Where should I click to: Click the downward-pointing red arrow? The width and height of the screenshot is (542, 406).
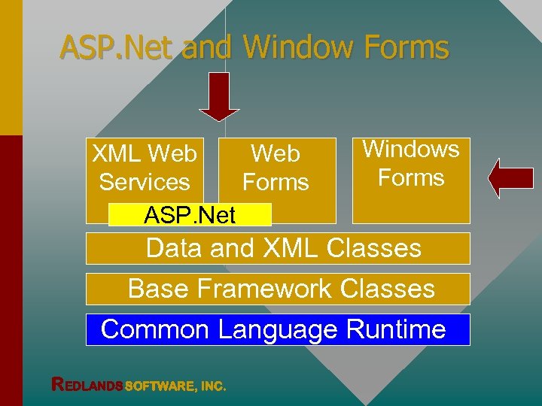click(219, 97)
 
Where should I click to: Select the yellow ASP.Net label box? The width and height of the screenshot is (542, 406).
click(190, 215)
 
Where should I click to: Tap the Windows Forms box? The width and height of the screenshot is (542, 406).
click(411, 180)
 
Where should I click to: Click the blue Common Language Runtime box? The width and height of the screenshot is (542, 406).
click(278, 329)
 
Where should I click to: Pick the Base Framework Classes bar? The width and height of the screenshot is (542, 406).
click(278, 289)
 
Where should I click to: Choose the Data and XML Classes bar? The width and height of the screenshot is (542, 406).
click(278, 248)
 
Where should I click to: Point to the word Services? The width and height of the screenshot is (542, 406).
click(145, 183)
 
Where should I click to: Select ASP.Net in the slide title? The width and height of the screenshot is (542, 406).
click(117, 47)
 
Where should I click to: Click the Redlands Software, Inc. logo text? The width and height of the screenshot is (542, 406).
click(139, 385)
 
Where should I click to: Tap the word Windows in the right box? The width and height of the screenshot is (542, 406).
click(411, 149)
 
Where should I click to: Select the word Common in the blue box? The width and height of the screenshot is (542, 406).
click(154, 329)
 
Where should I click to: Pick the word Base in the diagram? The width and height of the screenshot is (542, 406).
click(154, 289)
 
